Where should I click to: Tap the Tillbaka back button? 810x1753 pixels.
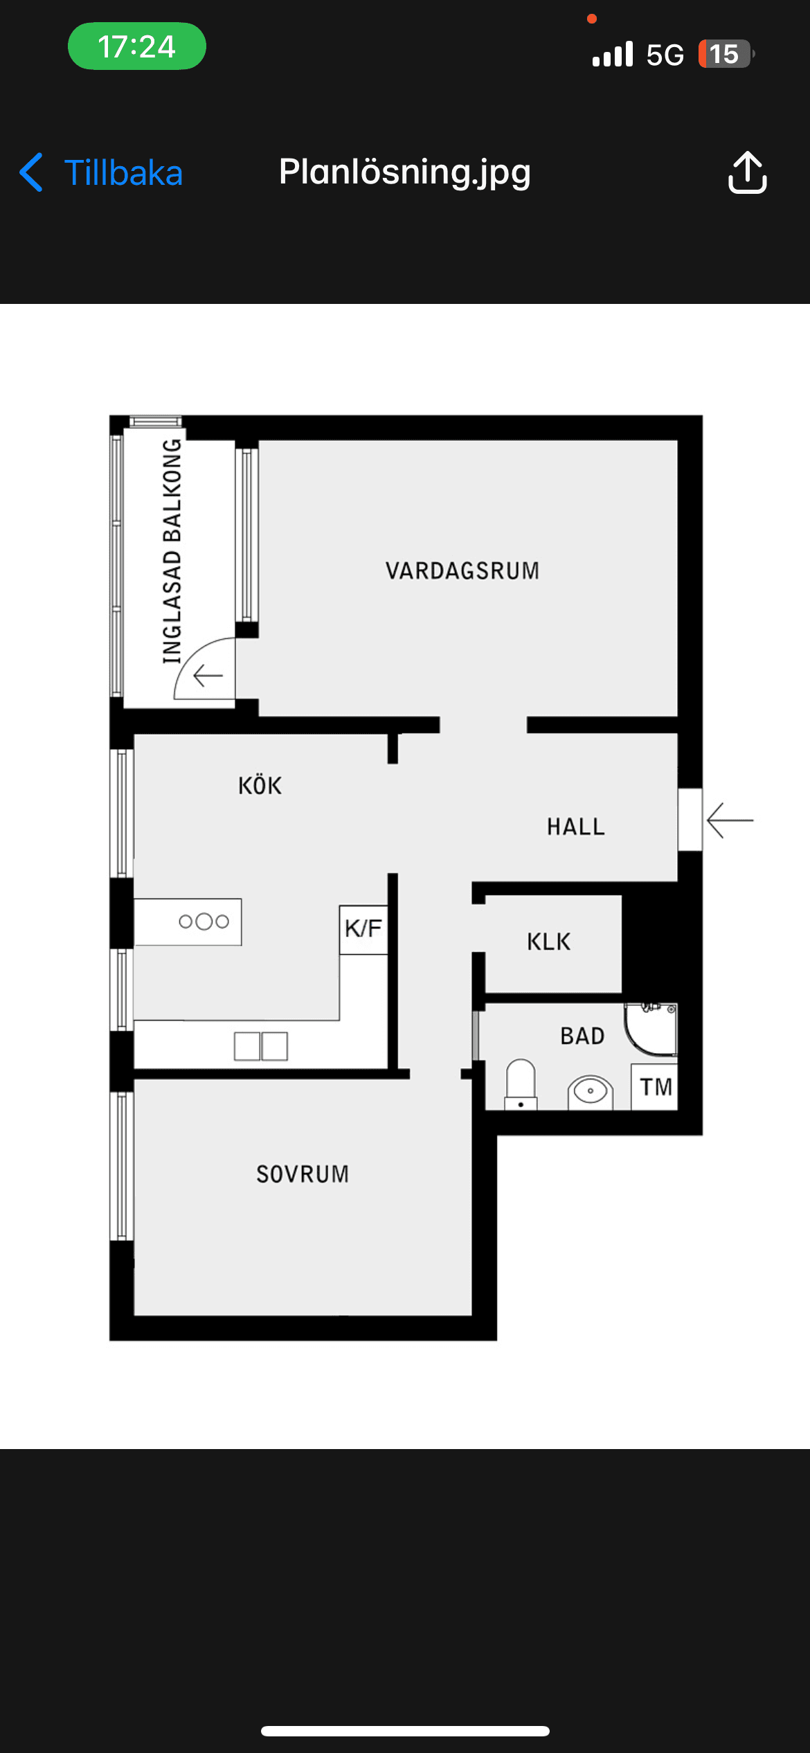point(101,172)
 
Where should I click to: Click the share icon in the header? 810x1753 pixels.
point(747,172)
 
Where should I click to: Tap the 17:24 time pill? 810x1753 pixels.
point(136,46)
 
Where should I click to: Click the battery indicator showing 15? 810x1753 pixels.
point(724,54)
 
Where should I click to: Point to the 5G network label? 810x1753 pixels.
point(665,55)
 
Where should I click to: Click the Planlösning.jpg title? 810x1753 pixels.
point(405,172)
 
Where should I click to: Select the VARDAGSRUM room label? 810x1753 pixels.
point(462,570)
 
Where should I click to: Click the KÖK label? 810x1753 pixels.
point(260,786)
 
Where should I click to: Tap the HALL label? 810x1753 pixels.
point(576,827)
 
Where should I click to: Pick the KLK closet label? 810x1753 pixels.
point(549,942)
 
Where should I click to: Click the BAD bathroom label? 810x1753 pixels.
point(582,1036)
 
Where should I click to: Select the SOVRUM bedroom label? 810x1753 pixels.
point(303,1174)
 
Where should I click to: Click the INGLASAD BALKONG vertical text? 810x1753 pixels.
point(172,551)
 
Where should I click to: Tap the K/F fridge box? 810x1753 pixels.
point(363,929)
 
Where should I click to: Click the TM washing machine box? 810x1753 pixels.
point(655,1087)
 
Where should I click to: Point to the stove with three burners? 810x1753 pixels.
point(203,922)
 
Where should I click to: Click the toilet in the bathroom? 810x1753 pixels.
point(521,1084)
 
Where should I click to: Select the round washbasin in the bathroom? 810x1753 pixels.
point(590,1092)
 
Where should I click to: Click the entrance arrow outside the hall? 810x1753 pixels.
point(730,820)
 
